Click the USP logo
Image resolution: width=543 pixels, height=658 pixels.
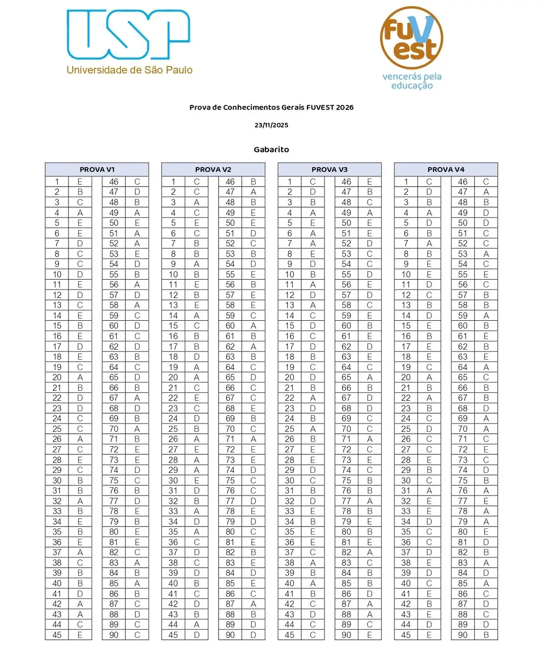pyautogui.click(x=128, y=34)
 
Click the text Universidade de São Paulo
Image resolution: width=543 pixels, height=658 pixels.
pyautogui.click(x=130, y=70)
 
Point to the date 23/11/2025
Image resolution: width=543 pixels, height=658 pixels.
pyautogui.click(x=271, y=125)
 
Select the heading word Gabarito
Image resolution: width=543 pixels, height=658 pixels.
pyautogui.click(x=271, y=150)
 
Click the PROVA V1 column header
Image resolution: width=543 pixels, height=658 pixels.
pyautogui.click(x=97, y=170)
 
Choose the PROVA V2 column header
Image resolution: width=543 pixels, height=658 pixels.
pyautogui.click(x=213, y=170)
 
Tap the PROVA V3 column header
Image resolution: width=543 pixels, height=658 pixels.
pyautogui.click(x=330, y=170)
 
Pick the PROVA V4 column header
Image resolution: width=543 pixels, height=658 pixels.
pyautogui.click(x=446, y=170)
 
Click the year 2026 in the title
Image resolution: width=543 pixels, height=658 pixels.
pyautogui.click(x=344, y=107)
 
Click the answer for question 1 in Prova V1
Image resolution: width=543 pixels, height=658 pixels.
pyautogui.click(x=80, y=181)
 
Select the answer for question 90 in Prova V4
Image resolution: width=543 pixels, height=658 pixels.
pyautogui.click(x=486, y=635)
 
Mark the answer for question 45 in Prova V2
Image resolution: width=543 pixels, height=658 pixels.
pyautogui.click(x=196, y=635)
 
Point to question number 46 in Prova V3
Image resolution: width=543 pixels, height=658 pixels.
pyautogui.click(x=347, y=181)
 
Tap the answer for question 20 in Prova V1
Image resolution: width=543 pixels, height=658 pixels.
pyautogui.click(x=80, y=377)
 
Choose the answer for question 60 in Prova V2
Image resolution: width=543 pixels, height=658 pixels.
pyautogui.click(x=253, y=326)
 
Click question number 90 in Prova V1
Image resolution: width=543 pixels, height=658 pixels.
pyautogui.click(x=114, y=635)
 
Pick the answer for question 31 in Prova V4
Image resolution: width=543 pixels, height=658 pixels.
pyautogui.click(x=429, y=490)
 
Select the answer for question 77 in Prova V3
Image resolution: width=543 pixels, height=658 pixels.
pyautogui.click(x=370, y=501)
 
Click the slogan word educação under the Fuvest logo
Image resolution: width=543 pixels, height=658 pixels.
pyautogui.click(x=412, y=86)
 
